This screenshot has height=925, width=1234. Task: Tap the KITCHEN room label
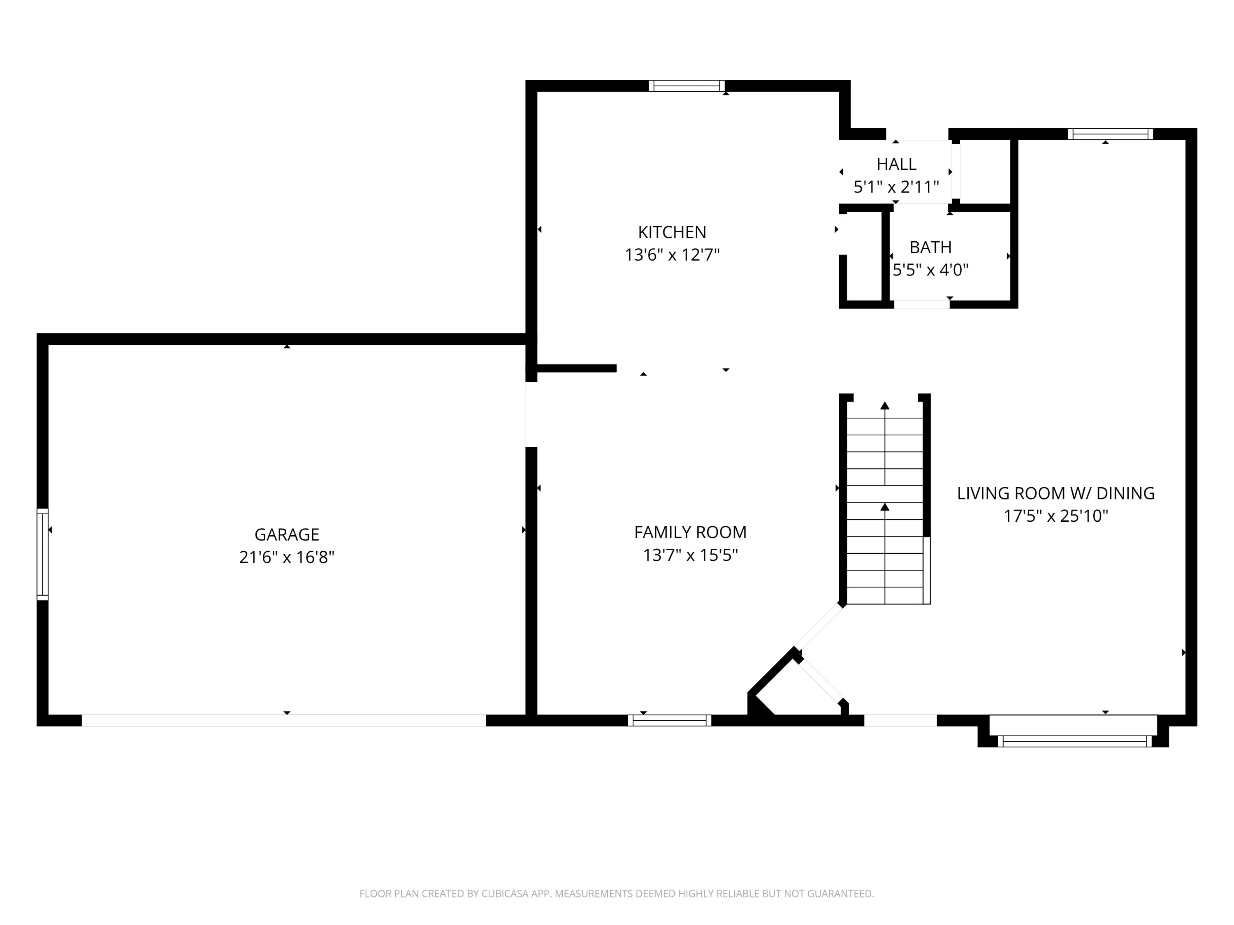pyautogui.click(x=672, y=232)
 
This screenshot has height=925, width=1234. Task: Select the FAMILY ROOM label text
pyautogui.click(x=690, y=532)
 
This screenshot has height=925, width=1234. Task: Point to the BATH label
pyautogui.click(x=930, y=247)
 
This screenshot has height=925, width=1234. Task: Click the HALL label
pyautogui.click(x=896, y=164)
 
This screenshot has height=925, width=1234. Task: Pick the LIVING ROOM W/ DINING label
pyautogui.click(x=1055, y=493)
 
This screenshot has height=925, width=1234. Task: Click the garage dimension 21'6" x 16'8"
pyautogui.click(x=287, y=557)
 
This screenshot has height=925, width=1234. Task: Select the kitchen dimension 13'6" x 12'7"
pyautogui.click(x=672, y=255)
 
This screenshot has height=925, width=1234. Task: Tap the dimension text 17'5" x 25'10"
pyautogui.click(x=1055, y=516)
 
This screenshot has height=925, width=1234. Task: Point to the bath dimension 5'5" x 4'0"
pyautogui.click(x=930, y=270)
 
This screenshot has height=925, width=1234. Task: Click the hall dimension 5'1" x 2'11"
pyautogui.click(x=896, y=187)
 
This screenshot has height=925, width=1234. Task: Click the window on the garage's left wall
pyautogui.click(x=42, y=554)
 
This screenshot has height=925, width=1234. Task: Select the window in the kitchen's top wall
pyautogui.click(x=687, y=86)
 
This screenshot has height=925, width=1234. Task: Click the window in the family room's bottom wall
pyautogui.click(x=669, y=720)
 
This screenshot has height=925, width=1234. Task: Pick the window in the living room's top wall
pyautogui.click(x=1110, y=134)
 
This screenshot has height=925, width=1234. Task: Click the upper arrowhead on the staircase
pyautogui.click(x=885, y=405)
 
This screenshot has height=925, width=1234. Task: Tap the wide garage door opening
pyautogui.click(x=284, y=720)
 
